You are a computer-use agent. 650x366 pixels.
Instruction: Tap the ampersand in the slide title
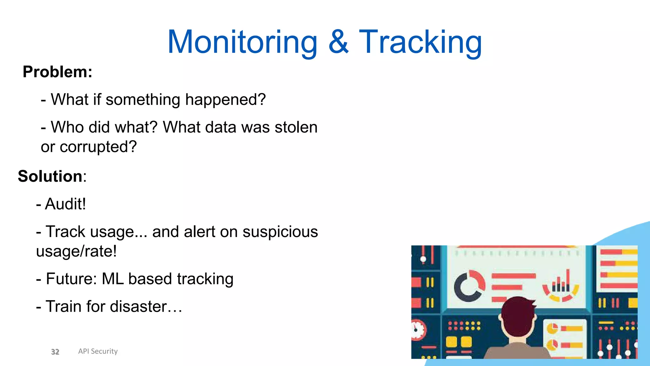pyautogui.click(x=338, y=42)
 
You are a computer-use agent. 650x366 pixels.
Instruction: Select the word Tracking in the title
pyautogui.click(x=421, y=42)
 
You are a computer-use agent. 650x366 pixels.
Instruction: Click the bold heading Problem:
pyautogui.click(x=57, y=72)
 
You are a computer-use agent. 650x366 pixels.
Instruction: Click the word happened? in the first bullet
pyautogui.click(x=225, y=100)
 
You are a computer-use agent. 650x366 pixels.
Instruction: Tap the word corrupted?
pyautogui.click(x=98, y=147)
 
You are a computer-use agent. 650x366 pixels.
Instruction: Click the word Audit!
pyautogui.click(x=65, y=204)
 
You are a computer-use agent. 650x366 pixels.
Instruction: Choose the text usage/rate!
pyautogui.click(x=76, y=251)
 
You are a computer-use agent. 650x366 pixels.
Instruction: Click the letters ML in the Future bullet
pyautogui.click(x=112, y=279)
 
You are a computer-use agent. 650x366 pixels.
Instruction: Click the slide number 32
pyautogui.click(x=55, y=352)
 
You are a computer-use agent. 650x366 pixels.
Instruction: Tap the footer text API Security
pyautogui.click(x=98, y=351)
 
